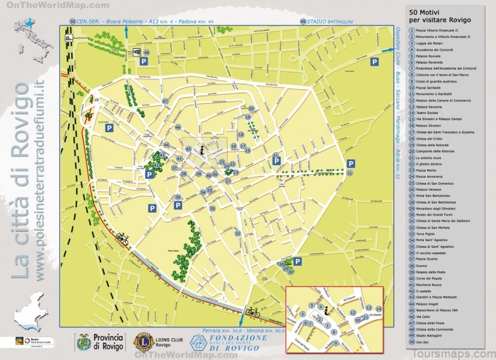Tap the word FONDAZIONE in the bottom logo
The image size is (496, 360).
pos(236,338)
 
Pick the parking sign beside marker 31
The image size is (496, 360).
pos(351,163)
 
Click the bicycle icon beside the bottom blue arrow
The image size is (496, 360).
pos(252,312)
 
